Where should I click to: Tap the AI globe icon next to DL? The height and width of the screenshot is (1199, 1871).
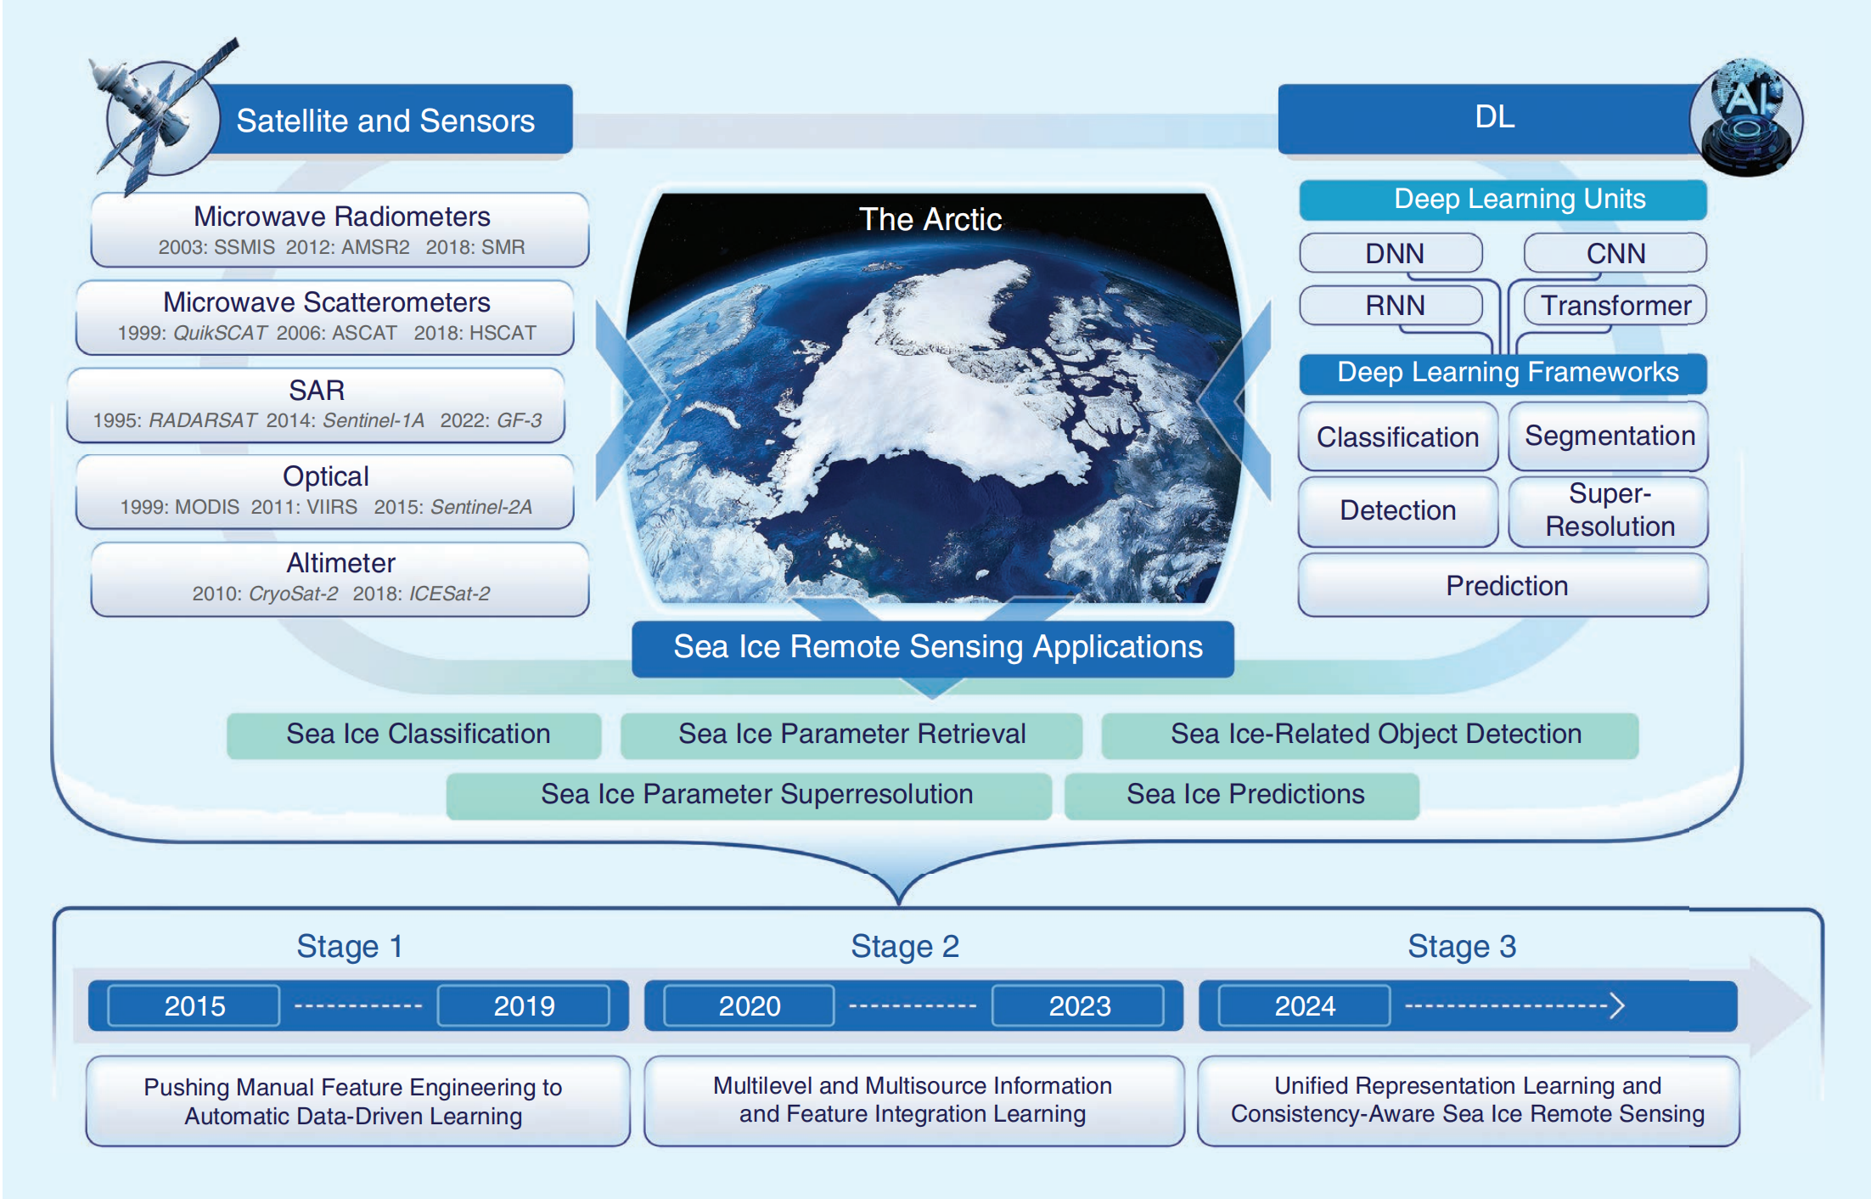[x=1745, y=117]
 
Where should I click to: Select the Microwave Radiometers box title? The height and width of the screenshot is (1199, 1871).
[x=341, y=217]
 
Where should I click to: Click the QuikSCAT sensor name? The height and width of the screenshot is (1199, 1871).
[x=220, y=333]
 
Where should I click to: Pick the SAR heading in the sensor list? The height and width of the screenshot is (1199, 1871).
[x=317, y=390]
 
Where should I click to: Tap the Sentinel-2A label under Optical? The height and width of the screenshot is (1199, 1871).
[x=481, y=507]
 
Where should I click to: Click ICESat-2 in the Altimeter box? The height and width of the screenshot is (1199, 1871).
[x=449, y=594]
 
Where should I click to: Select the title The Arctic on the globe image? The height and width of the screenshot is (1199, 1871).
[x=930, y=219]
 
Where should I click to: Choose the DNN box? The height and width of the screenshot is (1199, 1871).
[x=1391, y=253]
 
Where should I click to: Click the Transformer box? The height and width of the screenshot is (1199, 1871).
[x=1615, y=306]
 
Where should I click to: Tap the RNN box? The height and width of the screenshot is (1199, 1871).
[x=1391, y=306]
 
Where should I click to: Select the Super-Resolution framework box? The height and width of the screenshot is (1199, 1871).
[x=1609, y=510]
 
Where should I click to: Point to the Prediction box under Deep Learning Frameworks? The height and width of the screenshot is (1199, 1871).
[x=1503, y=585]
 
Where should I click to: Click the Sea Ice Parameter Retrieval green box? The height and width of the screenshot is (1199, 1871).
[x=851, y=735]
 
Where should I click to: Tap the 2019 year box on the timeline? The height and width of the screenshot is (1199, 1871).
[x=524, y=1006]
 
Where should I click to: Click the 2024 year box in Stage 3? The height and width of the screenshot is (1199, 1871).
[x=1305, y=1006]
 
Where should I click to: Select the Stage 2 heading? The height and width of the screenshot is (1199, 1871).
[x=905, y=946]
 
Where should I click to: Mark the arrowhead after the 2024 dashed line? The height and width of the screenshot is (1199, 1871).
[x=1617, y=1006]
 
